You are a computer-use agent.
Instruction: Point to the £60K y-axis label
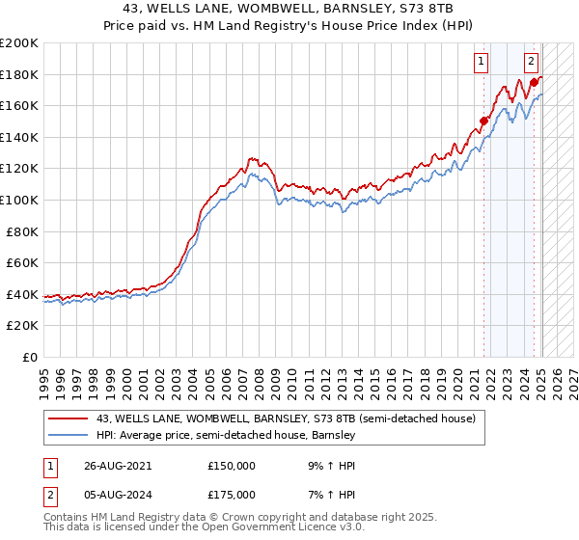[x=22, y=262]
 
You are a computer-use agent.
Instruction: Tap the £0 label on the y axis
[x=31, y=357]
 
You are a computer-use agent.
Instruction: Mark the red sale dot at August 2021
[x=484, y=121]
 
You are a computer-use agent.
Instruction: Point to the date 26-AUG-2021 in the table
[x=118, y=465]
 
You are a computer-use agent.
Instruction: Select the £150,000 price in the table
[x=233, y=465]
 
